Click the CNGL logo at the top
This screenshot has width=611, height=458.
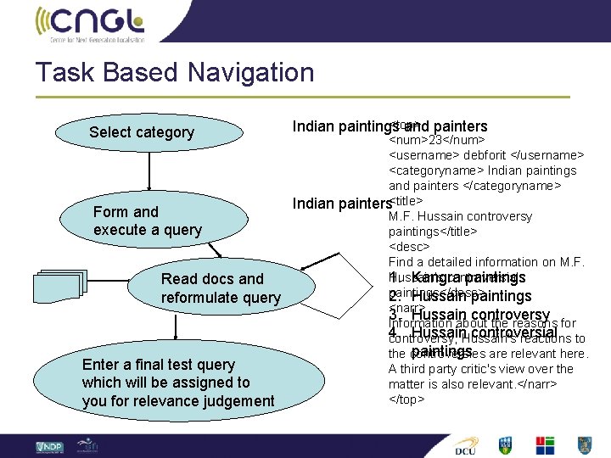pos(90,23)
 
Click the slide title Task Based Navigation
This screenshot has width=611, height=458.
pos(175,72)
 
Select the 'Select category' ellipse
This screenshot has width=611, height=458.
pos(142,132)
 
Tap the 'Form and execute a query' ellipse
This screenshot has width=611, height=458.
pos(148,221)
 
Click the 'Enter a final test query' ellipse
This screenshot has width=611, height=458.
pos(178,383)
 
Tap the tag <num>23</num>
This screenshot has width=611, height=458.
pos(436,140)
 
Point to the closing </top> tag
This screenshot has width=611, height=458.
pos(406,399)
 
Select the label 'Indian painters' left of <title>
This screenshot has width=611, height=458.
pos(342,204)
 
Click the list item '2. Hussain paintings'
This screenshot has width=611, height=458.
pos(460,296)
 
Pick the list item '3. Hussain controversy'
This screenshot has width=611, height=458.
pos(469,316)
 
